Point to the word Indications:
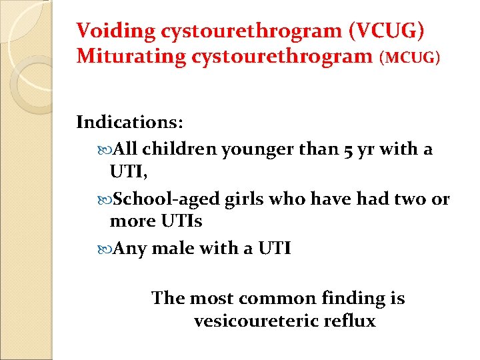(x=130, y=123)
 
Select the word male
(x=178, y=249)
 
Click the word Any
(x=130, y=249)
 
